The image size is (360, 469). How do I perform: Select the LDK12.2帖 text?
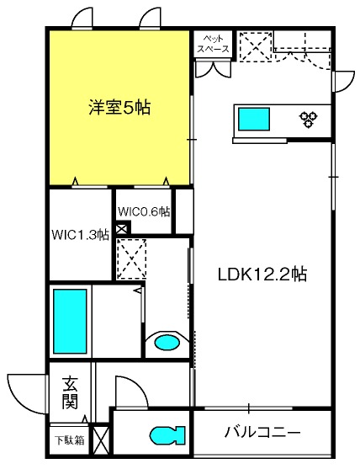pos(262,274)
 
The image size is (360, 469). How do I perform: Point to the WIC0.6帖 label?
pos(144,211)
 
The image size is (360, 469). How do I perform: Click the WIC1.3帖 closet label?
pos(80,235)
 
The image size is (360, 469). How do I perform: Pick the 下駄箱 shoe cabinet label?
pos(69,439)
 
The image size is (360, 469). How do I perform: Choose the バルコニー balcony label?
pos(262,433)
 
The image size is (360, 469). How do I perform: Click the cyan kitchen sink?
pos(252,119)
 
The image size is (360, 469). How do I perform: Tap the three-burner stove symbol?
pos(307,119)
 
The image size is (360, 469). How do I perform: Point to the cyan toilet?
pos(167,434)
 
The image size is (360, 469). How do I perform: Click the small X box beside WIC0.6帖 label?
pos(122,227)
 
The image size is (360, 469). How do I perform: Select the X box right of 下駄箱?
pos(100,439)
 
